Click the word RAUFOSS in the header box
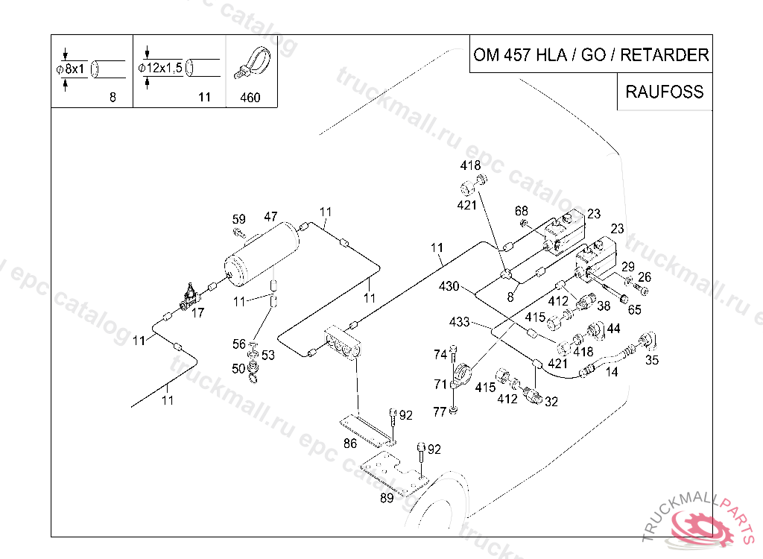[x=664, y=92]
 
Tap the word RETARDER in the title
[x=664, y=54]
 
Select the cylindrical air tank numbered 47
[x=262, y=253]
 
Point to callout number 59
[x=238, y=219]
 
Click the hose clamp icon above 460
[x=252, y=63]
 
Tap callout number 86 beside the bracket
[x=350, y=443]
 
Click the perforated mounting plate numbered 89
[x=394, y=473]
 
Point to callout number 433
[x=459, y=322]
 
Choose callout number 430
[x=449, y=285]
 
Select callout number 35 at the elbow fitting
[x=652, y=360]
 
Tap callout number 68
[x=521, y=211]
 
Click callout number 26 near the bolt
[x=645, y=277]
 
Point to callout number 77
[x=440, y=412]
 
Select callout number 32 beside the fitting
[x=551, y=402]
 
